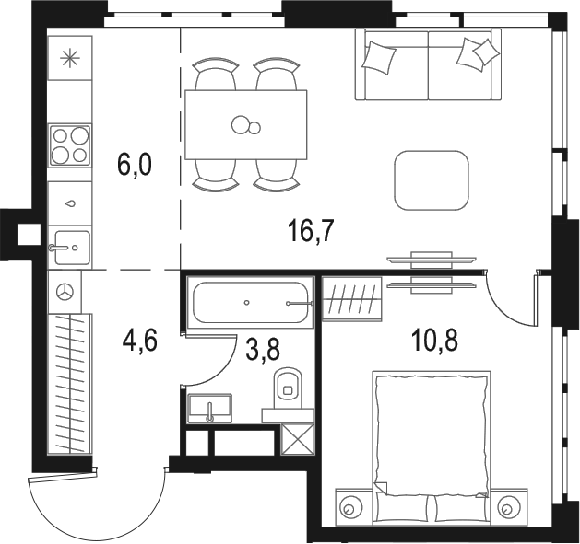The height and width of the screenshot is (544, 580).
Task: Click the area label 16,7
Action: tap(309, 231)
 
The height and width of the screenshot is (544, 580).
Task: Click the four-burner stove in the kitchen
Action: tap(70, 145)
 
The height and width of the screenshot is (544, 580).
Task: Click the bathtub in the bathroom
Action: tap(252, 301)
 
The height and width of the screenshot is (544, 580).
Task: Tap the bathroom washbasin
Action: tap(211, 405)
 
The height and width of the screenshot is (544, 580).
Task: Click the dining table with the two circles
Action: tap(246, 124)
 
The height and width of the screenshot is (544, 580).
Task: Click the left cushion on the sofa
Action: tap(379, 57)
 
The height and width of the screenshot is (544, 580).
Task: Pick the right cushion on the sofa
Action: tap(475, 53)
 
